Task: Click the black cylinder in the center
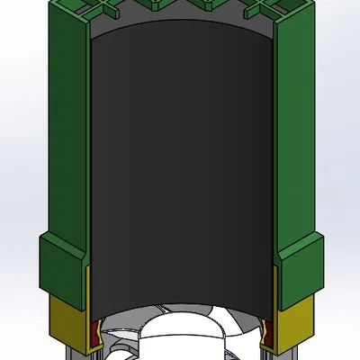click(x=180, y=171)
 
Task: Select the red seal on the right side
click(x=268, y=333)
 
